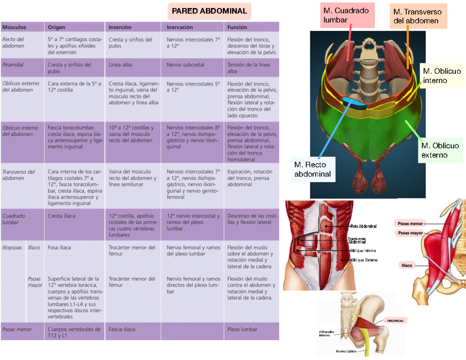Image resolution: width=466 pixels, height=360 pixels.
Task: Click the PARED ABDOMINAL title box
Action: click(210, 11)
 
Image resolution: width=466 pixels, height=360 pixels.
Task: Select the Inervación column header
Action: click(180, 27)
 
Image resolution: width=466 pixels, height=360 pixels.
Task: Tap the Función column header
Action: click(237, 27)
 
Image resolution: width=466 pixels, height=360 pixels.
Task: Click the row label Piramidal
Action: click(13, 65)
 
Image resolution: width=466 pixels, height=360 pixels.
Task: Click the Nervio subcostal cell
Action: click(185, 65)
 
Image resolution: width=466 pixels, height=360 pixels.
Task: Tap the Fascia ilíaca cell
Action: click(122, 329)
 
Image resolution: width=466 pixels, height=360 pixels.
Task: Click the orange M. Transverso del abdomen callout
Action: click(418, 16)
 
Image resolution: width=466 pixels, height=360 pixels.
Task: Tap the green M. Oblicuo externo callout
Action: click(440, 150)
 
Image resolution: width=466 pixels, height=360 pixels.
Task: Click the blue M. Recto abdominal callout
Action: click(313, 170)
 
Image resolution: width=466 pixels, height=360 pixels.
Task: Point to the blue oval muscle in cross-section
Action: click(354, 103)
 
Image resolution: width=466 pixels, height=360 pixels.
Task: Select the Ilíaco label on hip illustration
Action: click(407, 265)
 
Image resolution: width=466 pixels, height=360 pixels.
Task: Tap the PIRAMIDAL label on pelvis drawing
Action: click(396, 321)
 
